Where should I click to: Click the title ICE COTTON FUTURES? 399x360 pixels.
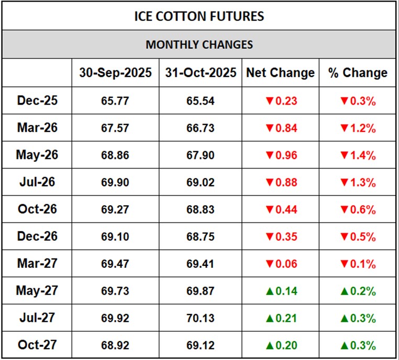(x=199, y=16)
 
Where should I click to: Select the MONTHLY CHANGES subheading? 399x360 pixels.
(x=199, y=44)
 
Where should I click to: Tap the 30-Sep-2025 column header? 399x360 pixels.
(x=115, y=73)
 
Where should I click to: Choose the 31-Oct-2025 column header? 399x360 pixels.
(x=201, y=73)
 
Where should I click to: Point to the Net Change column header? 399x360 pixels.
(x=281, y=73)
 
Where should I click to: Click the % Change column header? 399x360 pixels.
(x=358, y=73)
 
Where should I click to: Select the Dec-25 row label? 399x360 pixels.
(x=37, y=100)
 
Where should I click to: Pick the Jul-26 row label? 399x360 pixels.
(x=37, y=182)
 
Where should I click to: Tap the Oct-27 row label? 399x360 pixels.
(x=37, y=345)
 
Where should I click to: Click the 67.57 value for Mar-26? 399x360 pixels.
(x=115, y=128)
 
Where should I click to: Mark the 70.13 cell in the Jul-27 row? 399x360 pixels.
(x=201, y=319)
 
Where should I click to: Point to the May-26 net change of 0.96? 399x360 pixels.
(x=281, y=155)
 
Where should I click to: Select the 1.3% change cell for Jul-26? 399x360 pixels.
(x=358, y=183)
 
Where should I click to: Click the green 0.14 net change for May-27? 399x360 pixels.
(x=281, y=291)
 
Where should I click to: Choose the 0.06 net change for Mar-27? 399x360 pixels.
(x=281, y=264)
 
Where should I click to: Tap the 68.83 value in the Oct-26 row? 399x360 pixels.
(x=201, y=210)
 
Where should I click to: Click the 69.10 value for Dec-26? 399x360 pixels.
(x=115, y=237)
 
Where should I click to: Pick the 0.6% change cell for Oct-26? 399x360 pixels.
(x=358, y=210)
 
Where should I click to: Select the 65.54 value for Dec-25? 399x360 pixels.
(x=201, y=101)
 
